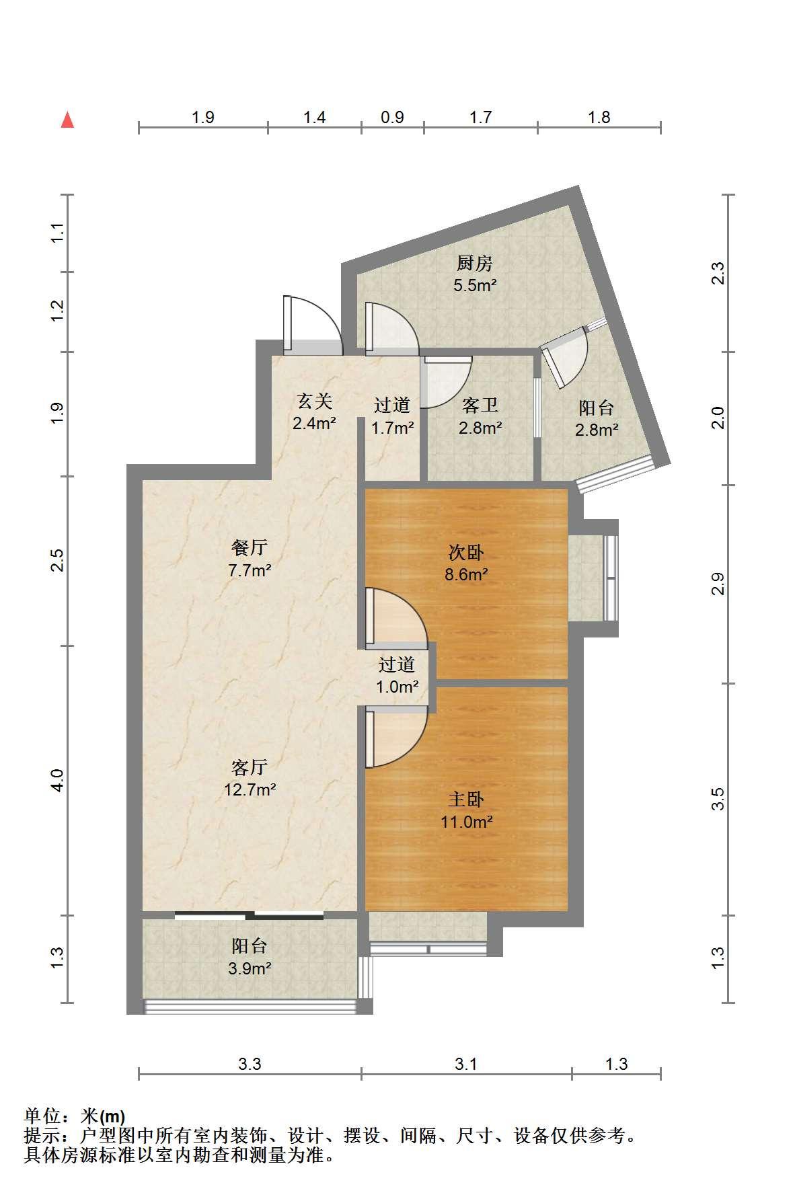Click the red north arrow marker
pos(67,120)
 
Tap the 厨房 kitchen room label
pos(475,263)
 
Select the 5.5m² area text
pos(475,285)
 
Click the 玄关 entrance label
pos(315,401)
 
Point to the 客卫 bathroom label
pos(480,405)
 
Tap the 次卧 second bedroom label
pos(466,553)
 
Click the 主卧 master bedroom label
pos(466,799)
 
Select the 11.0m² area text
pos(466,821)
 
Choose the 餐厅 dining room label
pos(250,548)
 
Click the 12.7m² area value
pos(250,789)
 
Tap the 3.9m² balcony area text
pos(250,968)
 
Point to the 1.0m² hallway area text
pos(397,687)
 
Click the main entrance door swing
pos(313,325)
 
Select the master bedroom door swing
pos(396,736)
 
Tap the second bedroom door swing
pos(396,618)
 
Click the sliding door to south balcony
pos(250,915)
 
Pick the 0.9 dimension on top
pos(392,118)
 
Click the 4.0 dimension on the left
pos(57,780)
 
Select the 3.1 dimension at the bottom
pos(465,1064)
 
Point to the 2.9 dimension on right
pos(719,583)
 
